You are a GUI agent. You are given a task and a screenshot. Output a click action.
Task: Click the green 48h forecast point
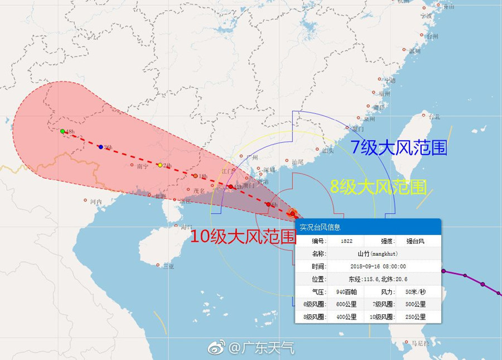[62, 131]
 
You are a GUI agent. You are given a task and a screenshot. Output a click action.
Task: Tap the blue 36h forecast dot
[100, 147]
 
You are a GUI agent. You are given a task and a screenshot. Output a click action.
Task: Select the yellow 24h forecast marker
[160, 165]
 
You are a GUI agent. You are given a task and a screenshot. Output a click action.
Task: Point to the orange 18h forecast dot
[195, 176]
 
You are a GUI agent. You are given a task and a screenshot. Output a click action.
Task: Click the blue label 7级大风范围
[398, 147]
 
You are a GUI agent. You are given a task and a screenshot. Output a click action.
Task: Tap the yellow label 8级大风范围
[379, 186]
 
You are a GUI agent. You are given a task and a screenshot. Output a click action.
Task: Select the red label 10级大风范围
[243, 237]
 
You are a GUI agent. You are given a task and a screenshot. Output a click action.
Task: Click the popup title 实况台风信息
[320, 227]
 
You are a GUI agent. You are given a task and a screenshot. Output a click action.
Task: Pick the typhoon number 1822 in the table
[345, 241]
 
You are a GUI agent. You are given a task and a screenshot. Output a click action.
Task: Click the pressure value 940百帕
[346, 291]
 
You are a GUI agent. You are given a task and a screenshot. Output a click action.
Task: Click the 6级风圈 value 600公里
[346, 304]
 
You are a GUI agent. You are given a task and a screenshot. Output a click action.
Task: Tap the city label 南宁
[142, 166]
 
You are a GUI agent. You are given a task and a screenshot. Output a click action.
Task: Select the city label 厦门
[358, 128]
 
